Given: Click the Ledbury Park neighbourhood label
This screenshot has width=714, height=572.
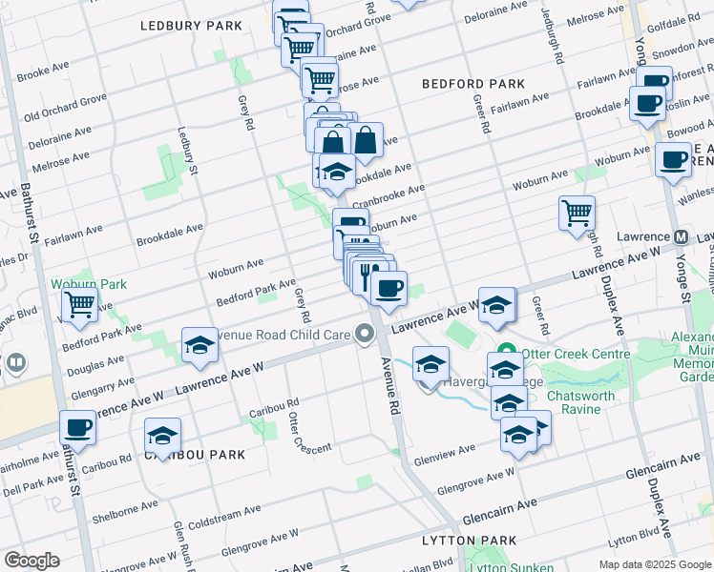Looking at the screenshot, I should [x=191, y=25].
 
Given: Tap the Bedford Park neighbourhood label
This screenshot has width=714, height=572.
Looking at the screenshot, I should [x=473, y=84].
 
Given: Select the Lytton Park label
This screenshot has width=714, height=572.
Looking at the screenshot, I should [x=469, y=541].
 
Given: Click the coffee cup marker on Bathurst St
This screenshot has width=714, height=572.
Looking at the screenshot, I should [x=77, y=428].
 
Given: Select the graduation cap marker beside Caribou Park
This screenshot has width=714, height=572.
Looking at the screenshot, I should [x=163, y=437].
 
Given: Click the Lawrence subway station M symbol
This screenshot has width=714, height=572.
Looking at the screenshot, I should [x=682, y=237].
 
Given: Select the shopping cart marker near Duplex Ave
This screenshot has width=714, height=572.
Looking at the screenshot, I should [x=577, y=214].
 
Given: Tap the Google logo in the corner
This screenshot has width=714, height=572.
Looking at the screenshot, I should [x=31, y=561].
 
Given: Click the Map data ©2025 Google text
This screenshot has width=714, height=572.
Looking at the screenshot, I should [x=654, y=564].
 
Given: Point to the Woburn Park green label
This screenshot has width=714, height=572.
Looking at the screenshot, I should [x=101, y=284].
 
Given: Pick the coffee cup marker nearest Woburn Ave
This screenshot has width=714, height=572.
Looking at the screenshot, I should [x=672, y=159].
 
